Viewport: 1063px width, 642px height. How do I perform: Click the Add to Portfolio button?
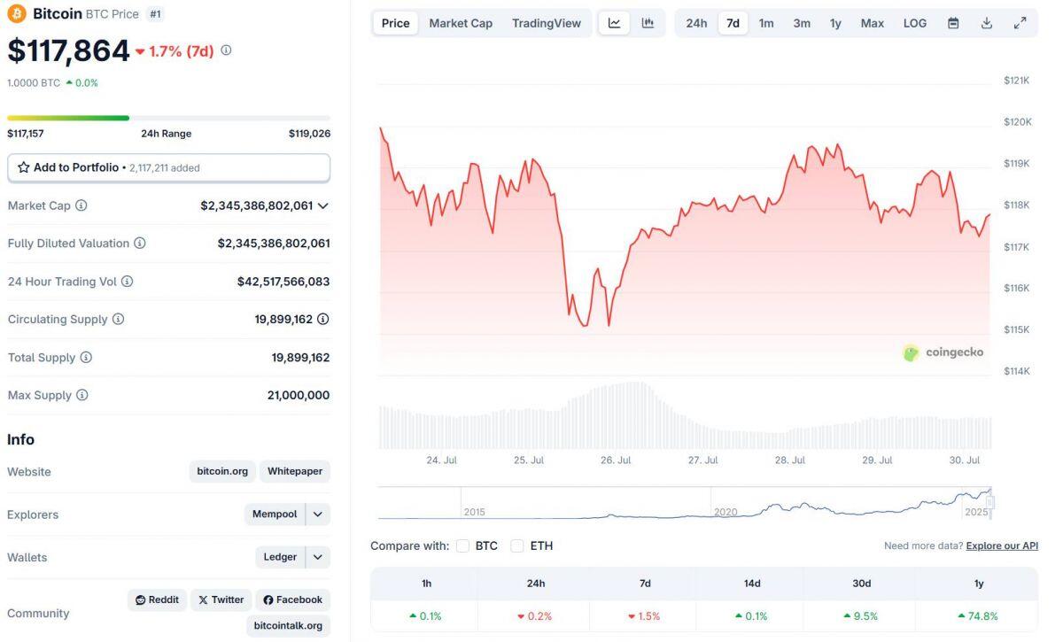click(168, 167)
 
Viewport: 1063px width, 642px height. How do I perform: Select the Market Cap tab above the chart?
click(461, 23)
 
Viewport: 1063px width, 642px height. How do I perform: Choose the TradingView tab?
click(547, 23)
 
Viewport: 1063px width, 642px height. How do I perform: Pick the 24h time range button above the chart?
click(696, 23)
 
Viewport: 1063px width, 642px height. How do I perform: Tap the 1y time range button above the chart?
click(835, 23)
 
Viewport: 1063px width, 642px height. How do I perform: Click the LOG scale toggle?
click(915, 23)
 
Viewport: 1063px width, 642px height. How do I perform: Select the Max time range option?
click(873, 23)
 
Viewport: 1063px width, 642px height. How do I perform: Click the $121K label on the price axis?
click(1017, 81)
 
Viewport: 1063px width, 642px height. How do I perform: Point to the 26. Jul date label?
click(616, 460)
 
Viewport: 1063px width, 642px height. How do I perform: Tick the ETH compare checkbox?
click(517, 545)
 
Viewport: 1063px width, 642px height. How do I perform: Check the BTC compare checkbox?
click(462, 545)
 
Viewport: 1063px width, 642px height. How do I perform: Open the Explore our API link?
click(1002, 545)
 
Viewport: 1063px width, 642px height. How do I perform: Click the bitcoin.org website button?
click(222, 471)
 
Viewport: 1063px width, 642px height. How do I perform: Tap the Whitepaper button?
click(295, 471)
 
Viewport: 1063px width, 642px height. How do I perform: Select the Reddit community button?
click(158, 599)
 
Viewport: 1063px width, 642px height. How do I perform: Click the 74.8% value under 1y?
click(978, 616)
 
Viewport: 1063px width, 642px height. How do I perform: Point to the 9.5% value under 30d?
click(862, 616)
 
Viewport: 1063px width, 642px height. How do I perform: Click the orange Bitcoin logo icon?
click(17, 13)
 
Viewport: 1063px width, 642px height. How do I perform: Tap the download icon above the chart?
click(987, 23)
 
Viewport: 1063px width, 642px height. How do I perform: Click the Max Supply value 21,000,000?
click(299, 395)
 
